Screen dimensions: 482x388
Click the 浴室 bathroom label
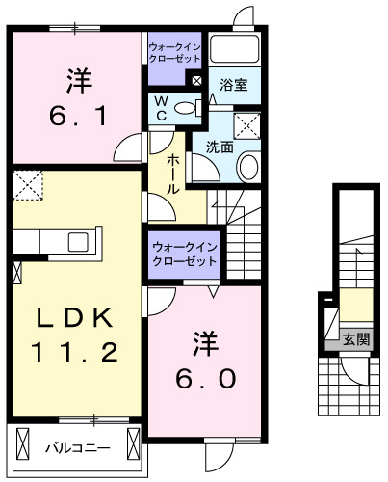click(233, 84)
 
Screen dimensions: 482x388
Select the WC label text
click(161, 109)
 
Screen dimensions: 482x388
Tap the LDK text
click(65, 316)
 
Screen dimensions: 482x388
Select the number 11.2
click(65, 352)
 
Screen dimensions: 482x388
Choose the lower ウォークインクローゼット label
click(182, 254)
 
